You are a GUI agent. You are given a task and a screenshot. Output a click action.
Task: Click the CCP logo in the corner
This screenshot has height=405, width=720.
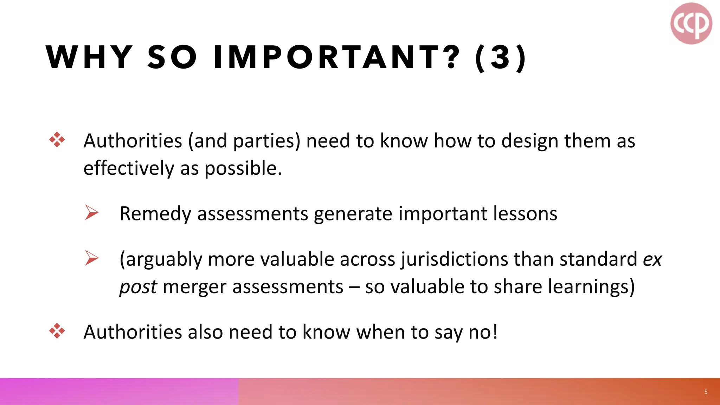click(691, 23)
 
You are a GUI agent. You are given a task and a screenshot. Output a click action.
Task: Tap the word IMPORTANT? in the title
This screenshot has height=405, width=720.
click(337, 57)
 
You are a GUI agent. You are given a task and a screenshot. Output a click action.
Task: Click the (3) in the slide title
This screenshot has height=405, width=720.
click(500, 57)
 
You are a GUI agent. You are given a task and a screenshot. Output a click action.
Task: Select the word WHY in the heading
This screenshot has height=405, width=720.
click(89, 57)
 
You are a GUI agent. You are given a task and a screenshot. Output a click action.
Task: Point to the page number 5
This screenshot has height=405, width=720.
click(706, 392)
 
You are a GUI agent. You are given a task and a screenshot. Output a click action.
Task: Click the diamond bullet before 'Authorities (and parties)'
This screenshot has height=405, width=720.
click(57, 140)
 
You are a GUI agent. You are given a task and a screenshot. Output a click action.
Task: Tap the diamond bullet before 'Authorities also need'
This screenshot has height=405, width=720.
click(57, 331)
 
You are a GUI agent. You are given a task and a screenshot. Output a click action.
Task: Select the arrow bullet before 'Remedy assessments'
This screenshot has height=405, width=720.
click(91, 213)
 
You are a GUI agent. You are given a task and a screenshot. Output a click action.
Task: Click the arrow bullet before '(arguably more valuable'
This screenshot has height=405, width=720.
click(91, 258)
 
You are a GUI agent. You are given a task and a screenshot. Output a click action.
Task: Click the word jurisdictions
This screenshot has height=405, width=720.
click(454, 259)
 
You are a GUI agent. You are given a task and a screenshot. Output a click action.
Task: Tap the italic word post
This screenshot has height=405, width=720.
click(138, 287)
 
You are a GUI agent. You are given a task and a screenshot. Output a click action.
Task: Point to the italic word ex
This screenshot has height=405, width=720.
click(652, 259)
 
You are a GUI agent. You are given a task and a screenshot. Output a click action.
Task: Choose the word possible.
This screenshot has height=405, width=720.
click(243, 168)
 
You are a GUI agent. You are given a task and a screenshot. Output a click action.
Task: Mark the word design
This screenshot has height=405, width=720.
click(530, 141)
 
